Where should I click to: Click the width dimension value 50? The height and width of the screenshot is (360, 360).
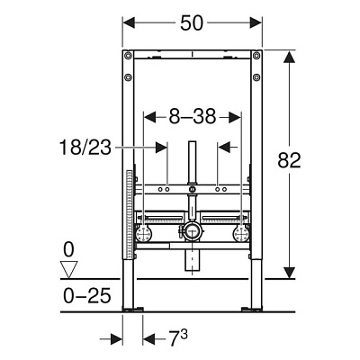coord(192,23)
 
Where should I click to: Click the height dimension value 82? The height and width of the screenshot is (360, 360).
coord(289,160)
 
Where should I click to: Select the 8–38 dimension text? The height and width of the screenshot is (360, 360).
coord(193,117)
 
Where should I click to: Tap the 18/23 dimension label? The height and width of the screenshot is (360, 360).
coord(85,148)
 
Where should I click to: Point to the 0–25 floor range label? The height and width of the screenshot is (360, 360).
coord(87,296)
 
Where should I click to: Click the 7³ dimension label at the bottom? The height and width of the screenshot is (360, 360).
coord(179,338)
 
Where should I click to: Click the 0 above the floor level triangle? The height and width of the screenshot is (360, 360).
coord(68,250)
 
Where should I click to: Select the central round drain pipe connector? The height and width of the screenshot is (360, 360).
coord(192,231)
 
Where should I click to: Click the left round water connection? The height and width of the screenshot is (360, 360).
coord(144,233)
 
